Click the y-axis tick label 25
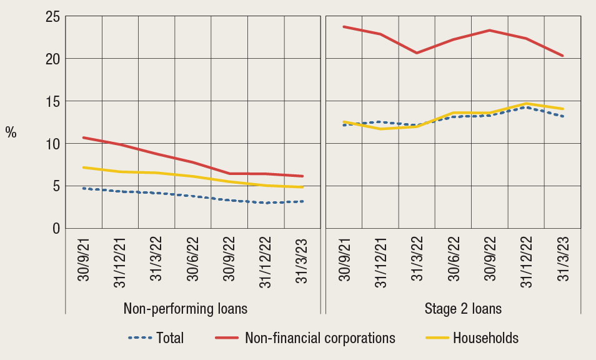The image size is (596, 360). (x=52, y=17)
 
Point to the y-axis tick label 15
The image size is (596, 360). (x=52, y=101)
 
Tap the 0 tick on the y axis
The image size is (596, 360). (x=56, y=229)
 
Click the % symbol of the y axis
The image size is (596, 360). (x=11, y=132)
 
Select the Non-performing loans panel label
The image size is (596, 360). (x=185, y=309)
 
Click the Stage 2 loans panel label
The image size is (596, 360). (x=463, y=309)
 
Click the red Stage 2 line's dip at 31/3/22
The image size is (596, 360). (x=417, y=53)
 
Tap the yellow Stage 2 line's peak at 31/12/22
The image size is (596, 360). (x=526, y=103)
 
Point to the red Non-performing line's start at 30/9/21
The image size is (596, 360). (x=84, y=137)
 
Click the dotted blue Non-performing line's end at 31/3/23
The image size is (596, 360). (x=303, y=201)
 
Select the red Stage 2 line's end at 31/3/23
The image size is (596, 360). (x=563, y=56)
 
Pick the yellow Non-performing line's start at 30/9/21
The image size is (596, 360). (x=84, y=167)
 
